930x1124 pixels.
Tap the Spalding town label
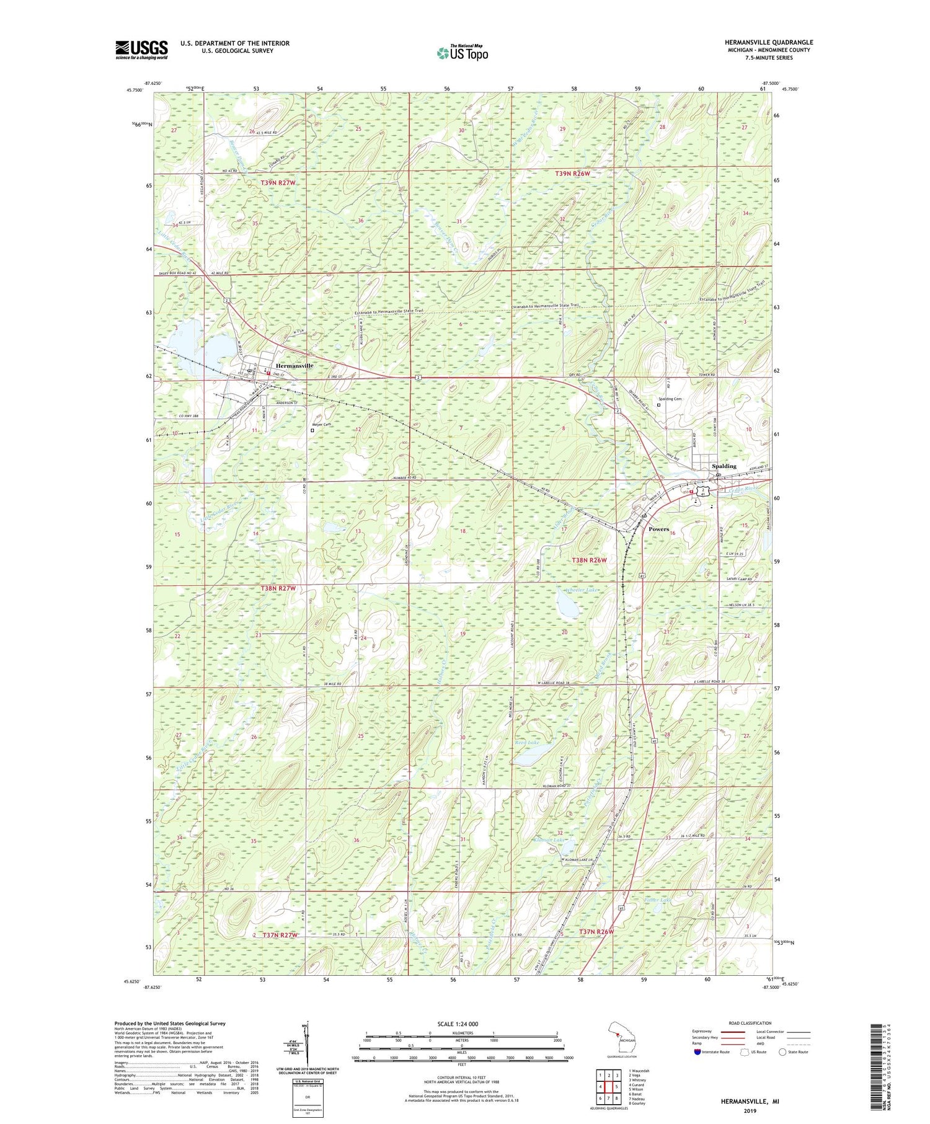point(724,466)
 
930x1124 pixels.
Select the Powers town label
point(658,529)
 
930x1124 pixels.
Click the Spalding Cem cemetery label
point(670,399)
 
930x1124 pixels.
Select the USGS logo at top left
point(141,50)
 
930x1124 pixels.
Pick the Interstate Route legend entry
point(713,1052)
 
